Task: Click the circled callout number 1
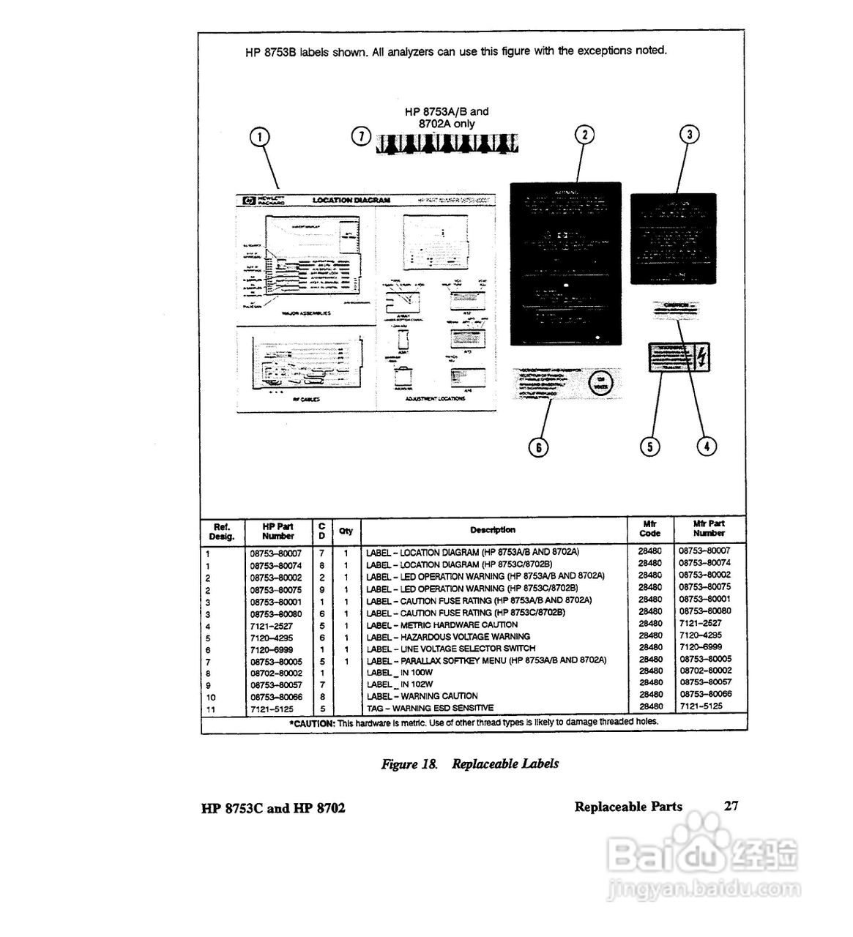(260, 137)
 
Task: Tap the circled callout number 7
(360, 137)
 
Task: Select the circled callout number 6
(538, 447)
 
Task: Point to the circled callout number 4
(706, 445)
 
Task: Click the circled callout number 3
(689, 135)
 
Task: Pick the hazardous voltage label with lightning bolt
(677, 359)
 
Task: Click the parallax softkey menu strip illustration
(445, 144)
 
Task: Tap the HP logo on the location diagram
(248, 200)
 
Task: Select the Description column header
(493, 530)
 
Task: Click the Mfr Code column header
(649, 529)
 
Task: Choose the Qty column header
(346, 531)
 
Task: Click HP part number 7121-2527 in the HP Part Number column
(271, 626)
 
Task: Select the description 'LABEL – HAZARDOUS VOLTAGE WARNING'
(447, 637)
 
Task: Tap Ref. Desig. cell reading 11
(211, 709)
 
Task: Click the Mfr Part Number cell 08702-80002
(705, 671)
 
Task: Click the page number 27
(731, 806)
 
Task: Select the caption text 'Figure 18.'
(409, 764)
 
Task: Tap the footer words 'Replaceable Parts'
(628, 807)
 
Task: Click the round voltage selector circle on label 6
(600, 383)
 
